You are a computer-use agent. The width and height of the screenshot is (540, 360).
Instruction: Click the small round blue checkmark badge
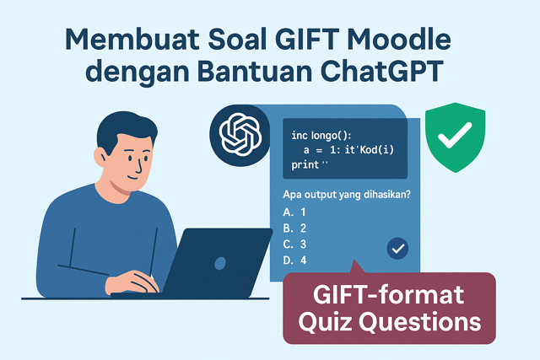tap(397, 248)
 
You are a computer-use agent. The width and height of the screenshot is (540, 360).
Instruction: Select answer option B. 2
tap(294, 228)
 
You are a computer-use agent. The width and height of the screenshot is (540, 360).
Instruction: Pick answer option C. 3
tap(294, 244)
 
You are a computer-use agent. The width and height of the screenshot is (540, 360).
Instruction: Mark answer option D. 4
tap(294, 261)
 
